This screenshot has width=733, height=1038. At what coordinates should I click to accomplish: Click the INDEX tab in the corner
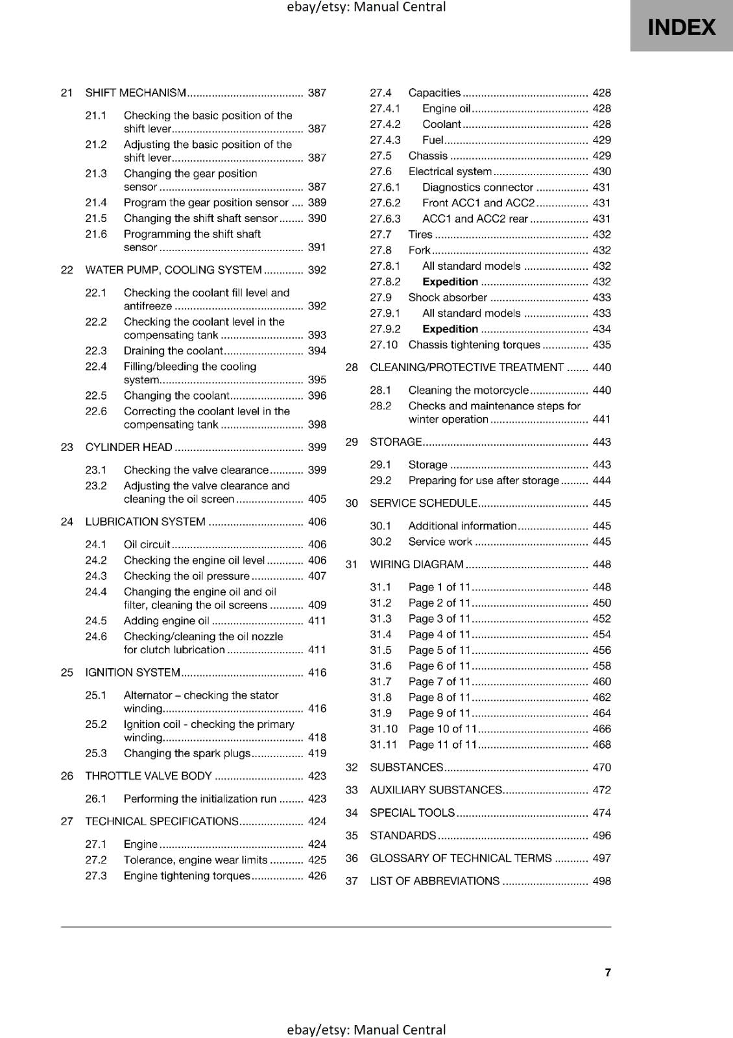point(681,27)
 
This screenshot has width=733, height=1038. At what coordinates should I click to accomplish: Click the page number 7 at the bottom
point(607,972)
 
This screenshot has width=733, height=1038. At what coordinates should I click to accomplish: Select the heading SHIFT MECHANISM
point(136,93)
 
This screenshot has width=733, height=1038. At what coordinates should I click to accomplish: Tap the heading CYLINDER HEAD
point(128,447)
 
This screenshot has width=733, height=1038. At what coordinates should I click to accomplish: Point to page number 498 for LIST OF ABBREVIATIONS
point(601,881)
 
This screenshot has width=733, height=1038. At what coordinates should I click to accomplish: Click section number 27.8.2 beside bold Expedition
point(385,282)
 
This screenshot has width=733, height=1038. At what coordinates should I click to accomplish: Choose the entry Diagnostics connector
point(477,187)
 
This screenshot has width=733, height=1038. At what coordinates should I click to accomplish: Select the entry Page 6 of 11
point(439,666)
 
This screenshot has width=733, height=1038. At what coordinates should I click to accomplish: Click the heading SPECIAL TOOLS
point(412,813)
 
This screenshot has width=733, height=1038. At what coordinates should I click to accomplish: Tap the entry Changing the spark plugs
point(187,753)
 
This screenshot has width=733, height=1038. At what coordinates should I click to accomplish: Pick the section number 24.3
point(96,576)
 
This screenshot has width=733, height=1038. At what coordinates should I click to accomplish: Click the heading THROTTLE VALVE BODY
point(149,776)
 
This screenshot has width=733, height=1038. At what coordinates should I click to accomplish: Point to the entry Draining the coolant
point(173,351)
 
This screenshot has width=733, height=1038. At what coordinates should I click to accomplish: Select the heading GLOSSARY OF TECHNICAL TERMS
point(461,858)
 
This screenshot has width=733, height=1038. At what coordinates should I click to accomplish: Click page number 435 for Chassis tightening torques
point(601,345)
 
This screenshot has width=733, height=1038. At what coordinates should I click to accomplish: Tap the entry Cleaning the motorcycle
point(468,390)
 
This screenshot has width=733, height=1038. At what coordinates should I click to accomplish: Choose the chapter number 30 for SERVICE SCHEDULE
point(352,503)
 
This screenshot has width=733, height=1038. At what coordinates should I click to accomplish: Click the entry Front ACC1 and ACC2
point(478,203)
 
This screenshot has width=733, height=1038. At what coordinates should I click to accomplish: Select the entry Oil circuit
point(147,544)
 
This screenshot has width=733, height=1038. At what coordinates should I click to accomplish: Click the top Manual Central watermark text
point(366,7)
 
